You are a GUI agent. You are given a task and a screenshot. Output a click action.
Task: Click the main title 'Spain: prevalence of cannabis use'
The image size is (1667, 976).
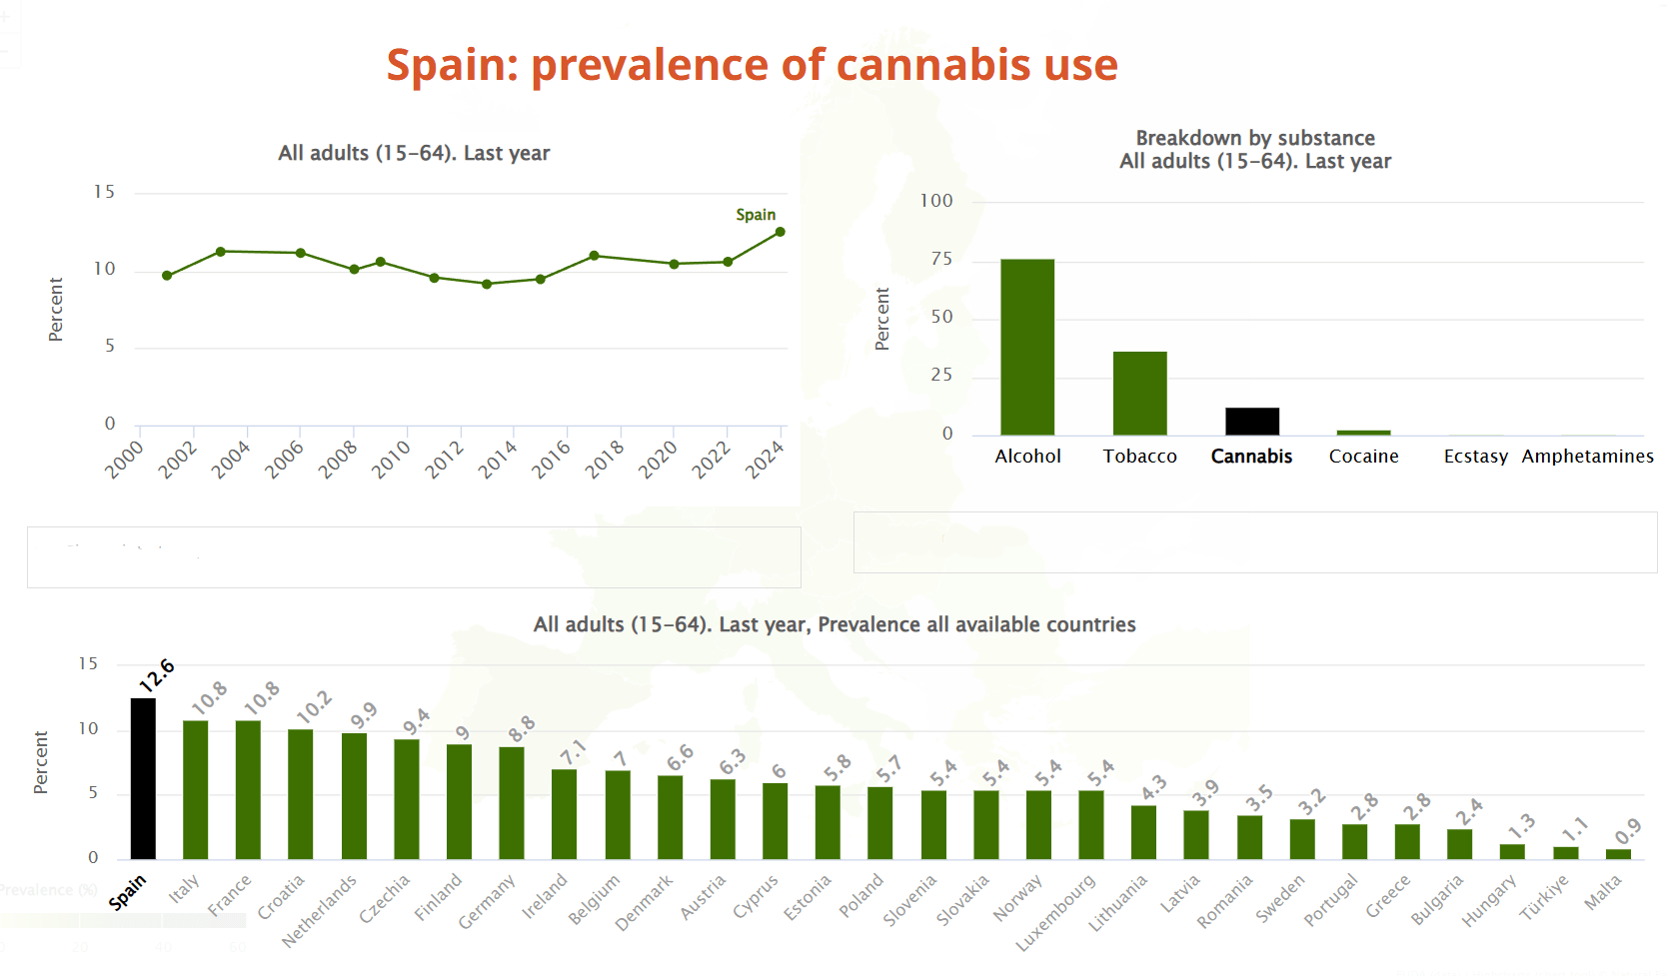pos(752,65)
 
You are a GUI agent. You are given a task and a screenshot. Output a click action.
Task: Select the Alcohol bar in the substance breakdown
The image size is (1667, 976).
pos(1027,347)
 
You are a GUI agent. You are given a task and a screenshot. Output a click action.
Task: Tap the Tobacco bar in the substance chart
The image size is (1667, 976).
pos(1139,393)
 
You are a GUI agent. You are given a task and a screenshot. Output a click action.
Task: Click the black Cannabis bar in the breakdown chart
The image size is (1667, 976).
pos(1252,421)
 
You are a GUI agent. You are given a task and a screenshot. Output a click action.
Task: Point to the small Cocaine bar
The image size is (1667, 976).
pos(1363,433)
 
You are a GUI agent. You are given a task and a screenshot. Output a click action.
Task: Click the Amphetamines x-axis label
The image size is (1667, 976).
pos(1587,457)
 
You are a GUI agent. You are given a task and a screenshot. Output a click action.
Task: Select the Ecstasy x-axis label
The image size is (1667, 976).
pos(1475,457)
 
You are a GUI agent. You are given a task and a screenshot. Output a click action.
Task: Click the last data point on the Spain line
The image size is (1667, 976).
pos(781,232)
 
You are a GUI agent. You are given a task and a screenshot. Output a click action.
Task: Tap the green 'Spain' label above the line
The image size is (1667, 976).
pos(756,215)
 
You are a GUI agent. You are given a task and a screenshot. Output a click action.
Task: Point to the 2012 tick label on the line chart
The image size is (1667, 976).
pos(444,460)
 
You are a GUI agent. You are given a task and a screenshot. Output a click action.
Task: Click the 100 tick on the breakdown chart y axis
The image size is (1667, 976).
pos(936,201)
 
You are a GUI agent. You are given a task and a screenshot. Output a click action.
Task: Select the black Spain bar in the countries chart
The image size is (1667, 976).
pos(144,778)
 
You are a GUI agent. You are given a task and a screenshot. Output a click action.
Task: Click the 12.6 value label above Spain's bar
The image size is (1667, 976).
pos(157,675)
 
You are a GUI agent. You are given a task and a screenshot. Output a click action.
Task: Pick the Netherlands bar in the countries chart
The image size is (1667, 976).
pos(354,795)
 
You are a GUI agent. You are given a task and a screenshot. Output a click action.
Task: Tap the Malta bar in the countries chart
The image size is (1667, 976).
pos(1618,854)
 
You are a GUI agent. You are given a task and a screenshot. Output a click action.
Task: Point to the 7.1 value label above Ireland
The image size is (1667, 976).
pos(572,752)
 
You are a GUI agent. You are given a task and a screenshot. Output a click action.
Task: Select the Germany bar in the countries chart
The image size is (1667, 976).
pos(512,802)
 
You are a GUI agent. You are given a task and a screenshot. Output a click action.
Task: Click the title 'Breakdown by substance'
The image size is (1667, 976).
pos(1255,138)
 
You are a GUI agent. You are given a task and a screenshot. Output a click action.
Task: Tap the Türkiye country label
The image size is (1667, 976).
pos(1544,897)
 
